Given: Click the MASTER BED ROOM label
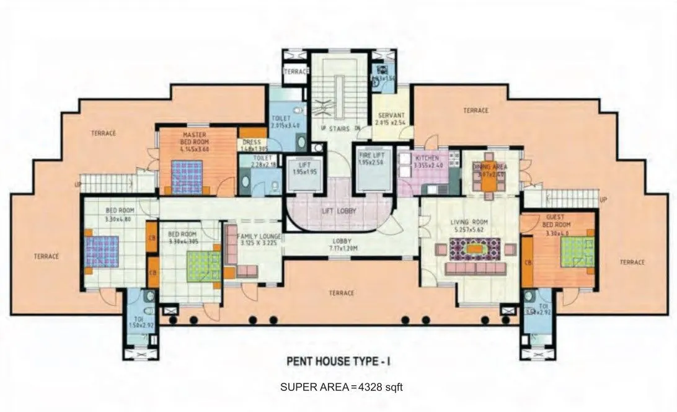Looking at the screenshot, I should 195,138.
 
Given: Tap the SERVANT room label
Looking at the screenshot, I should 391,115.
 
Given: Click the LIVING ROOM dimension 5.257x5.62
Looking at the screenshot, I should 470,229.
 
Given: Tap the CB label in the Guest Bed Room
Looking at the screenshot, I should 528,263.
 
